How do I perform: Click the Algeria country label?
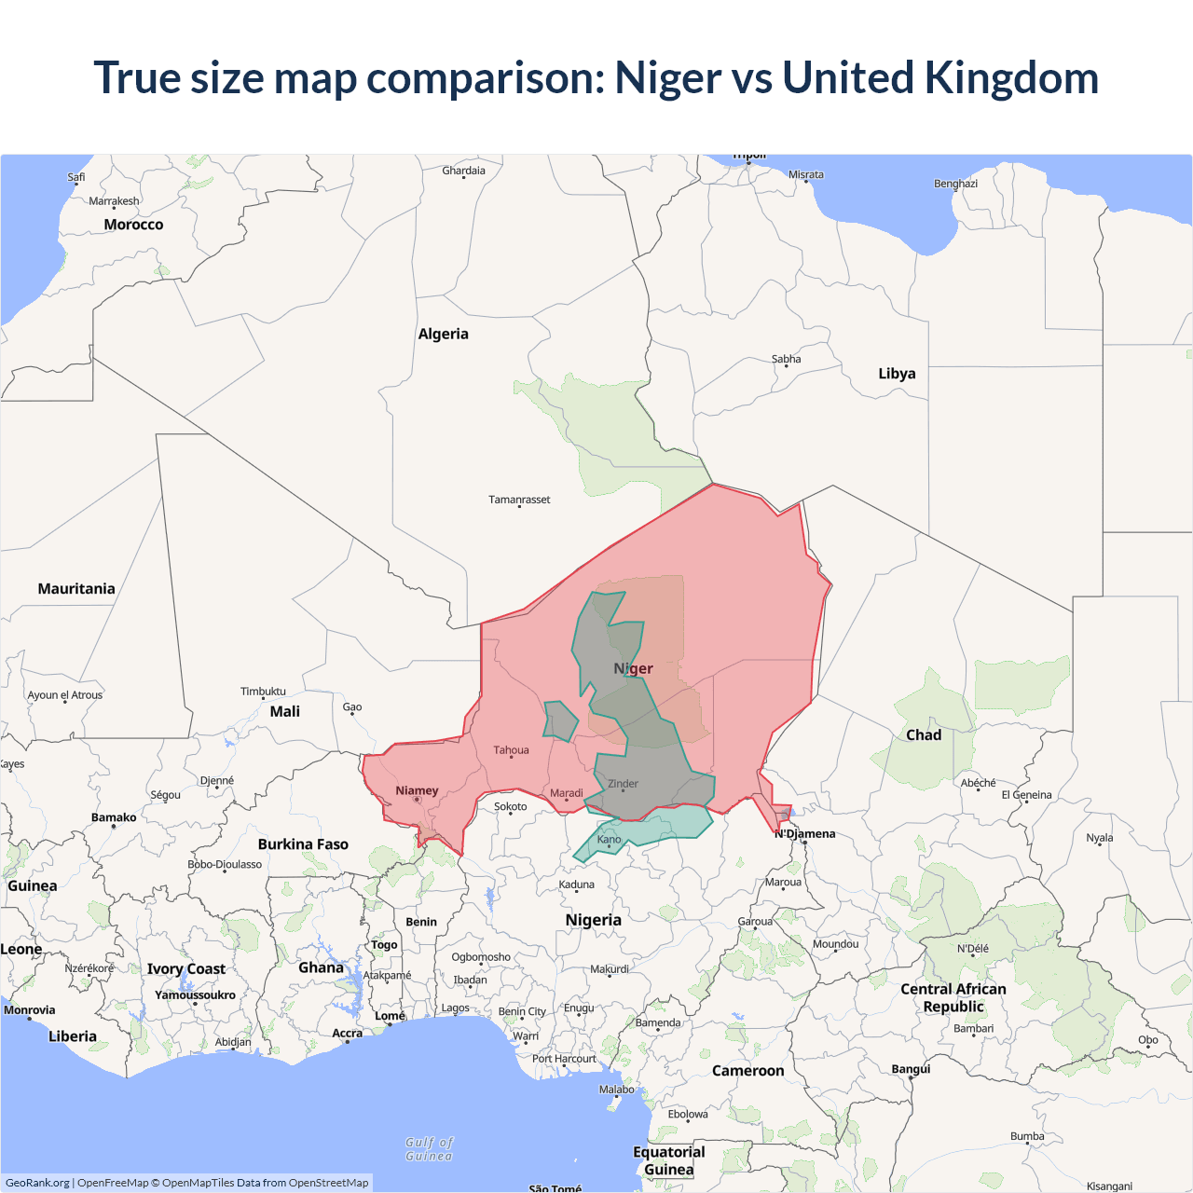443,334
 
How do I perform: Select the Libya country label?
897,374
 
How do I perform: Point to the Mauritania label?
76,589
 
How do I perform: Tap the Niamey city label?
417,790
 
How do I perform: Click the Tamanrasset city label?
519,500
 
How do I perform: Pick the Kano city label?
609,839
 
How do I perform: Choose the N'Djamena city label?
805,833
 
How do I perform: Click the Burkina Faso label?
303,844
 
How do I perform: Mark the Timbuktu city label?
263,692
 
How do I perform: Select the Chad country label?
924,735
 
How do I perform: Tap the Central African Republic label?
953,997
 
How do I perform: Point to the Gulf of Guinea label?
429,1149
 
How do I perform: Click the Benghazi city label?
955,184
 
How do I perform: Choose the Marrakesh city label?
114,201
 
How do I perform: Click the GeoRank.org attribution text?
37,1183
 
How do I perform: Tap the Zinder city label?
623,784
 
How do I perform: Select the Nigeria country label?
593,920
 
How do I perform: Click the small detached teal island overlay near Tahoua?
560,720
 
